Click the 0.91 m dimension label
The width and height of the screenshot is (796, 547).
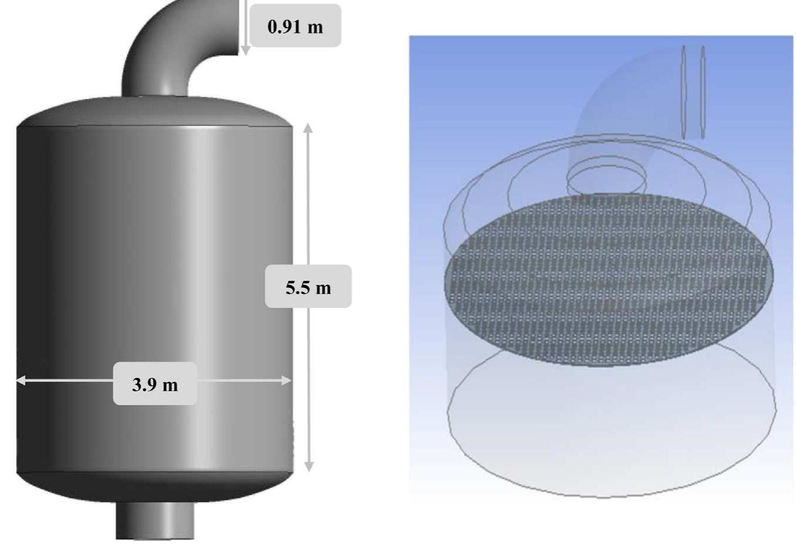coord(295,26)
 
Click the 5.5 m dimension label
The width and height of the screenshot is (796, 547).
coord(308,287)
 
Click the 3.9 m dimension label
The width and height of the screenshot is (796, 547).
coord(155,384)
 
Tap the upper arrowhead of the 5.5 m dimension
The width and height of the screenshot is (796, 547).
coord(308,128)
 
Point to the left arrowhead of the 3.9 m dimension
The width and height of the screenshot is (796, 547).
coord(21,380)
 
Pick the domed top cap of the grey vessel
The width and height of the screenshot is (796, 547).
coord(154,112)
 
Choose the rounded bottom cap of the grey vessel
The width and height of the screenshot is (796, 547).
coord(154,486)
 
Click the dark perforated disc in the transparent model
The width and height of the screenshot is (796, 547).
coord(609,280)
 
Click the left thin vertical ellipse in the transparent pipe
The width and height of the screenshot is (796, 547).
coord(684,91)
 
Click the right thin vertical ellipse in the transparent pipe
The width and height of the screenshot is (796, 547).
coord(702,91)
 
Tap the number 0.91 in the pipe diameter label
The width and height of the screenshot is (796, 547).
coord(284,26)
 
